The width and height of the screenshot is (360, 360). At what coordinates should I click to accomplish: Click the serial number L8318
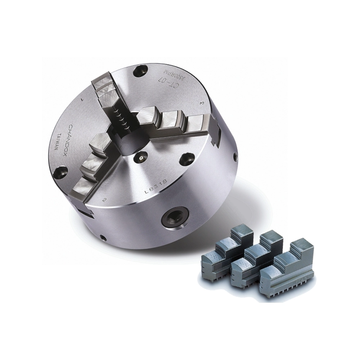point(155,188)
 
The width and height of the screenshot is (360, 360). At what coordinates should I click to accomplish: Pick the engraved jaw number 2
point(104,200)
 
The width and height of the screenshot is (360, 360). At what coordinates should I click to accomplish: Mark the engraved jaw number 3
point(202,103)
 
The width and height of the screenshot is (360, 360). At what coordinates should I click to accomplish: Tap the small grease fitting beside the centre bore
point(140,157)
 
